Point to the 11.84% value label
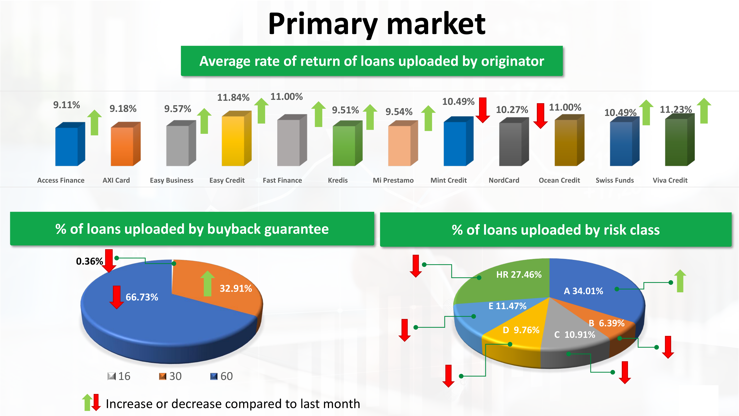click(233, 98)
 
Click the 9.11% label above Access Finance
click(67, 105)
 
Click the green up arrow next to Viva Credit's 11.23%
click(704, 111)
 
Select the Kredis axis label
click(338, 180)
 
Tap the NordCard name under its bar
click(504, 180)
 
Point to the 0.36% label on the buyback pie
click(89, 261)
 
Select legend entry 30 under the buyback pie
click(170, 376)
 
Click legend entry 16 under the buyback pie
click(119, 376)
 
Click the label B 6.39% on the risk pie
click(607, 323)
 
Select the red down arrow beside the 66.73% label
click(116, 297)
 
